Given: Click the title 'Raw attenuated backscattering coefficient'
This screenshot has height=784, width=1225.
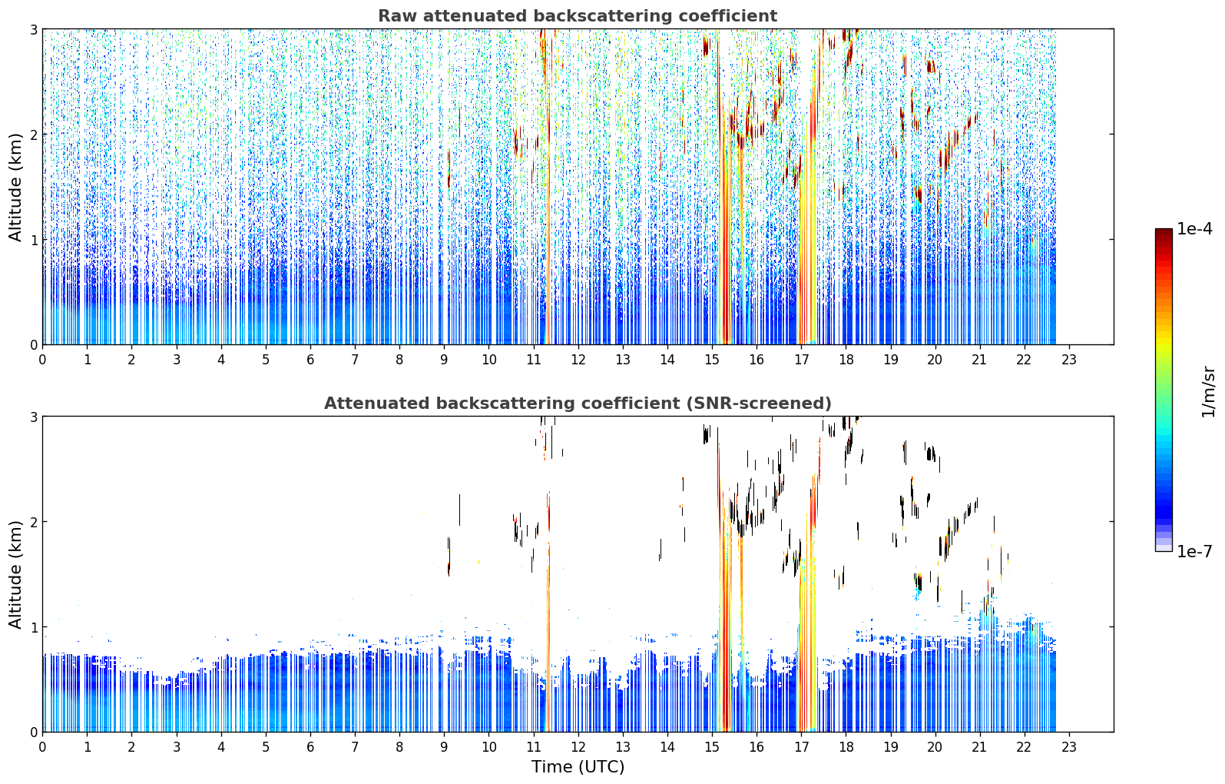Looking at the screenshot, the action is (578, 16).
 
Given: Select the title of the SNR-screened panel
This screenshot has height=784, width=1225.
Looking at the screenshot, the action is (578, 404).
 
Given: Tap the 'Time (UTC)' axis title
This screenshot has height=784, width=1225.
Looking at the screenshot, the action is (578, 766).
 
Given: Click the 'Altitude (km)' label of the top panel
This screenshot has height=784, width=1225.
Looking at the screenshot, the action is (15, 188).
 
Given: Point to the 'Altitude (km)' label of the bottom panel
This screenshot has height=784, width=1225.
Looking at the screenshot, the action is (15, 574).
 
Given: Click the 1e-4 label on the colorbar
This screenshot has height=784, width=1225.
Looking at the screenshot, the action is (1194, 229).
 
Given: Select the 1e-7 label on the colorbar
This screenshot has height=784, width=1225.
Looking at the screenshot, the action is (1194, 551).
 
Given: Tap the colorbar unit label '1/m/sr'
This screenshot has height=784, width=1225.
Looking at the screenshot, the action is (1208, 393).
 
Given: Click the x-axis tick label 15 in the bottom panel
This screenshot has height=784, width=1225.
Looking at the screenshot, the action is (711, 747).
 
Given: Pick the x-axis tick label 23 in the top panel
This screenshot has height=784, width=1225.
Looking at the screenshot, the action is (1068, 360).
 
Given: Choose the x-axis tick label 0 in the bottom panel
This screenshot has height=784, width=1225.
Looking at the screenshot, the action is (43, 747).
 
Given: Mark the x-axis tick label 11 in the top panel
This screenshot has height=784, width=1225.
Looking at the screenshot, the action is (533, 360).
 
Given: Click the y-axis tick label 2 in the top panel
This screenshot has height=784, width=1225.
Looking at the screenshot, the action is (33, 135).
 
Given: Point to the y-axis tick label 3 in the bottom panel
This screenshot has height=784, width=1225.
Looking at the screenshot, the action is (33, 417).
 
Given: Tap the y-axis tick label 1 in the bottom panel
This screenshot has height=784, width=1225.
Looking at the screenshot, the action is (33, 627).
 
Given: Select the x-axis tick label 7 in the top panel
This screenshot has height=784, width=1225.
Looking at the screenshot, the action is (355, 360).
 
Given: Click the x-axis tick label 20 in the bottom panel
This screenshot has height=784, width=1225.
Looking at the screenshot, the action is (935, 747).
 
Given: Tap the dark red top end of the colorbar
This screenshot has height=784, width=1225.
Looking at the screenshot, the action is (1164, 231).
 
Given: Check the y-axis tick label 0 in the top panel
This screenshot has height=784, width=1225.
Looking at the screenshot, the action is (33, 345).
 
